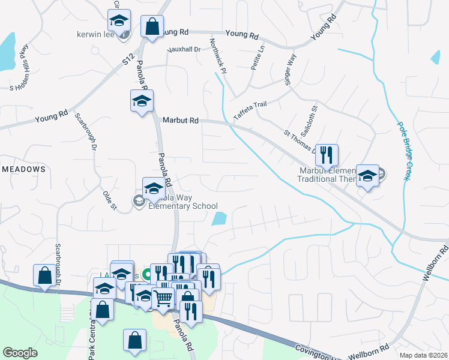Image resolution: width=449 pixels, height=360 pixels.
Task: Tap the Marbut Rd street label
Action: click(x=180, y=121)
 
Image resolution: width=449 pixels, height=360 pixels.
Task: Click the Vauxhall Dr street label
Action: click(x=183, y=49)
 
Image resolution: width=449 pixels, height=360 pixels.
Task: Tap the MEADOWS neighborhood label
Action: click(x=23, y=170)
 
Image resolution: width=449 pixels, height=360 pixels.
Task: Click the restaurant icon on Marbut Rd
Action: click(x=327, y=155)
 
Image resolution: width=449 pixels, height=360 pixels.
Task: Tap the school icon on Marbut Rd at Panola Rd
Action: click(x=142, y=101)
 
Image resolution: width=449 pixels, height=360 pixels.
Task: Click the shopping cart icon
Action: click(x=163, y=297)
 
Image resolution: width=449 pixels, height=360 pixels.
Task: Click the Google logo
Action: click(x=20, y=353)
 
